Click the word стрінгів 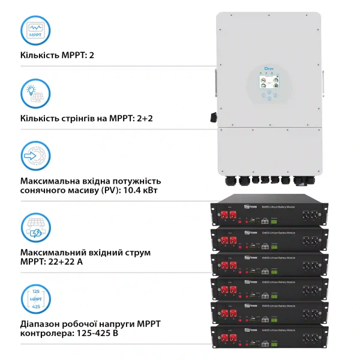[82, 118]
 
